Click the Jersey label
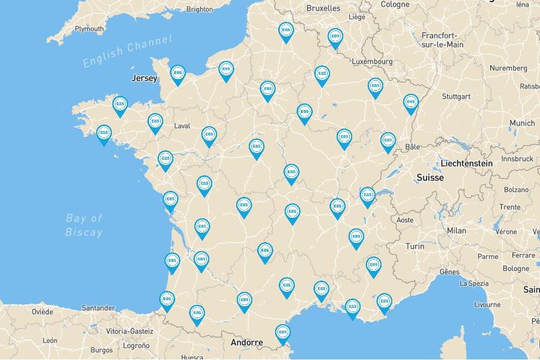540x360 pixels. click(x=144, y=78)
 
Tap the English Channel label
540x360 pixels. click(x=127, y=51)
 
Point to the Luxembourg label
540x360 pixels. click(x=372, y=62)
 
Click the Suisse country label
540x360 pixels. click(x=430, y=178)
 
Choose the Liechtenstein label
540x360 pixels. click(x=466, y=163)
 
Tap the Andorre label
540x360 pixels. click(x=247, y=343)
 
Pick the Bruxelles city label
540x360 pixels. click(x=323, y=8)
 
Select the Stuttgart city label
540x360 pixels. click(x=456, y=96)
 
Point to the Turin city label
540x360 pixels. click(x=414, y=246)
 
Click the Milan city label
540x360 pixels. click(x=456, y=230)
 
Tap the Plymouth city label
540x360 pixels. click(x=89, y=29)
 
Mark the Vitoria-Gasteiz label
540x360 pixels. click(x=130, y=331)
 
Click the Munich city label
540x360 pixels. click(x=522, y=123)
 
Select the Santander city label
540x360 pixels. click(x=98, y=308)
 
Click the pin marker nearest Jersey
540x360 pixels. click(x=178, y=74)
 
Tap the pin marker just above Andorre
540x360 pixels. click(x=282, y=332)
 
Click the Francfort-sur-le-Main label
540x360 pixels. click(x=442, y=39)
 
